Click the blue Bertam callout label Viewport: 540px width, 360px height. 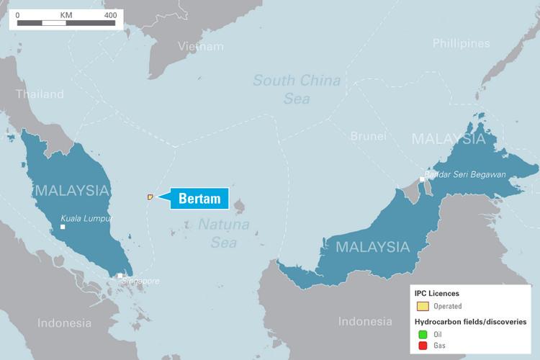pyautogui.click(x=199, y=199)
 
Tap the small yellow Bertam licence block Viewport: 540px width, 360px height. pyautogui.click(x=150, y=196)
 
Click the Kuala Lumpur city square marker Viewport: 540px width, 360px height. pyautogui.click(x=63, y=227)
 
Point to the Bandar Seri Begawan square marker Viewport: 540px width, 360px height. pyautogui.click(x=422, y=179)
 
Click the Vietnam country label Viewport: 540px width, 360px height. pyautogui.click(x=201, y=47)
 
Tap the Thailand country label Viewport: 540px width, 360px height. pyautogui.click(x=40, y=94)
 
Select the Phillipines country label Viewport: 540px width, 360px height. pyautogui.click(x=461, y=44)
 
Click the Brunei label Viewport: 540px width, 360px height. pyautogui.click(x=368, y=136)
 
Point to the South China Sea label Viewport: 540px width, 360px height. pyautogui.click(x=297, y=89)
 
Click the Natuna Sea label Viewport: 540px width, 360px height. pyautogui.click(x=224, y=233)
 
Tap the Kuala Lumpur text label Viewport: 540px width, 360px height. pyautogui.click(x=85, y=219)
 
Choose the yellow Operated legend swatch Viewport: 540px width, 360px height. pyautogui.click(x=422, y=306)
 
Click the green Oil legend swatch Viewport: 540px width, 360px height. pyautogui.click(x=422, y=333)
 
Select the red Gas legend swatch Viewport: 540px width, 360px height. pyautogui.click(x=422, y=347)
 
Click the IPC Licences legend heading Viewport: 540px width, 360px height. pyautogui.click(x=437, y=294)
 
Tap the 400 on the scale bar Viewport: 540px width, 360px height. pyautogui.click(x=110, y=14)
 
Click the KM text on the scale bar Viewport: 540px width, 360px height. pyautogui.click(x=67, y=14)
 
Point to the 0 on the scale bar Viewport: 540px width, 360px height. pyautogui.click(x=18, y=14)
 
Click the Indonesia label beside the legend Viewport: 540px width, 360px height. pyautogui.click(x=365, y=322)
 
